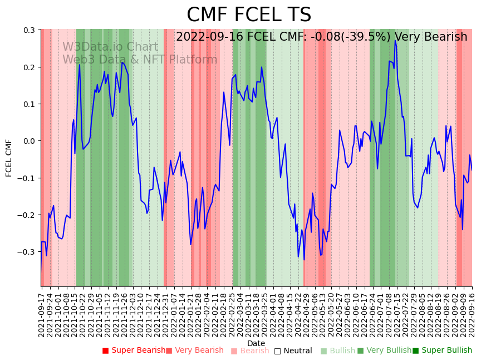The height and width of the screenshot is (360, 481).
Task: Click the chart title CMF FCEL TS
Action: click(249, 15)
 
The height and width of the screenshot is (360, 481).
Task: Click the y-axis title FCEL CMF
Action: click(9, 158)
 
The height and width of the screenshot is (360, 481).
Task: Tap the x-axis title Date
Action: click(256, 343)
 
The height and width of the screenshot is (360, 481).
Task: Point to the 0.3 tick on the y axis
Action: click(30, 30)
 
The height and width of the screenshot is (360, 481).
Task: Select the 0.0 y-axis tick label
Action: click(30, 141)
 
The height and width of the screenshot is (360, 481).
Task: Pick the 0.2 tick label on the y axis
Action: click(30, 67)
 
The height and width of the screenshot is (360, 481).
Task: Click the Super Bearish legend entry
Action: click(134, 351)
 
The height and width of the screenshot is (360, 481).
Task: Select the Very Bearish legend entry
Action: click(194, 351)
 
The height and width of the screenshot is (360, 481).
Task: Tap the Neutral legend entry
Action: click(293, 351)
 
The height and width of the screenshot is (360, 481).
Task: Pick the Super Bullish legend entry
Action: click(442, 351)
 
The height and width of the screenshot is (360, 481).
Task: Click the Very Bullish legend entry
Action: click(384, 351)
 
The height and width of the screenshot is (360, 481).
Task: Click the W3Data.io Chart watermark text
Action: click(110, 47)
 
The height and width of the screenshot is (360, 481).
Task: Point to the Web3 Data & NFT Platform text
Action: click(140, 60)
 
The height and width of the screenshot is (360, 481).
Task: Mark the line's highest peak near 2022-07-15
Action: click(395, 41)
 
